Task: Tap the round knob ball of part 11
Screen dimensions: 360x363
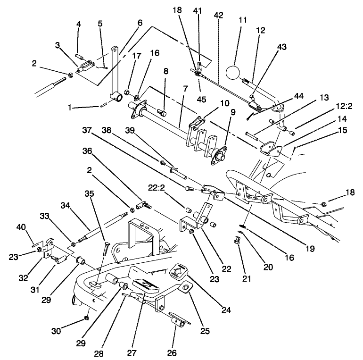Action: coord(233,74)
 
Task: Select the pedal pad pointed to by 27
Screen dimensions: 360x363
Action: coord(145,285)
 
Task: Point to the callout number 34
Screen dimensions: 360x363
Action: coord(65,205)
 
